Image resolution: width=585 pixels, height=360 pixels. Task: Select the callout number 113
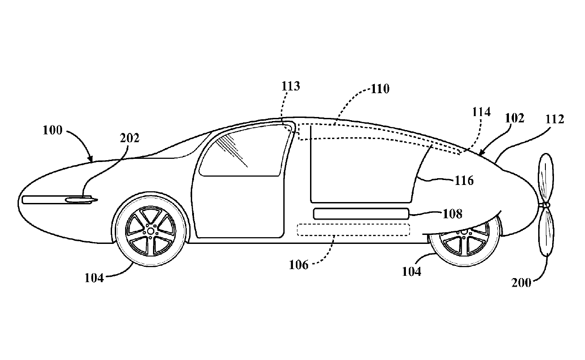[x=291, y=86]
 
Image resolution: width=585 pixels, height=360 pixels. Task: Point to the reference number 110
[x=380, y=89]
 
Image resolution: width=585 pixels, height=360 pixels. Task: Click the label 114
[x=481, y=112]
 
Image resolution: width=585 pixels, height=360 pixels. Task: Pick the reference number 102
[x=515, y=118]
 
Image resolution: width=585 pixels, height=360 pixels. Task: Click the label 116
[x=464, y=181]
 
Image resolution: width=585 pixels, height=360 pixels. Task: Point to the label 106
[x=299, y=265]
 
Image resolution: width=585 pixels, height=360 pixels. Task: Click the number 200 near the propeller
[x=522, y=283]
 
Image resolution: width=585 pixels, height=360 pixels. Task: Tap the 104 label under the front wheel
[x=95, y=278]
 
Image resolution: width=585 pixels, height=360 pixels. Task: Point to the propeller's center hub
[x=546, y=205]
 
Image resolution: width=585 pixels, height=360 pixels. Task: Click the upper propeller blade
[x=546, y=178]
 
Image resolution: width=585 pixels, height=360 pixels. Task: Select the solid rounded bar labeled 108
[x=361, y=214]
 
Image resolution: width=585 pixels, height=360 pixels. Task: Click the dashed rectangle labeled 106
[x=354, y=230]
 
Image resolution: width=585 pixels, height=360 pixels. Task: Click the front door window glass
[x=243, y=151]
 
